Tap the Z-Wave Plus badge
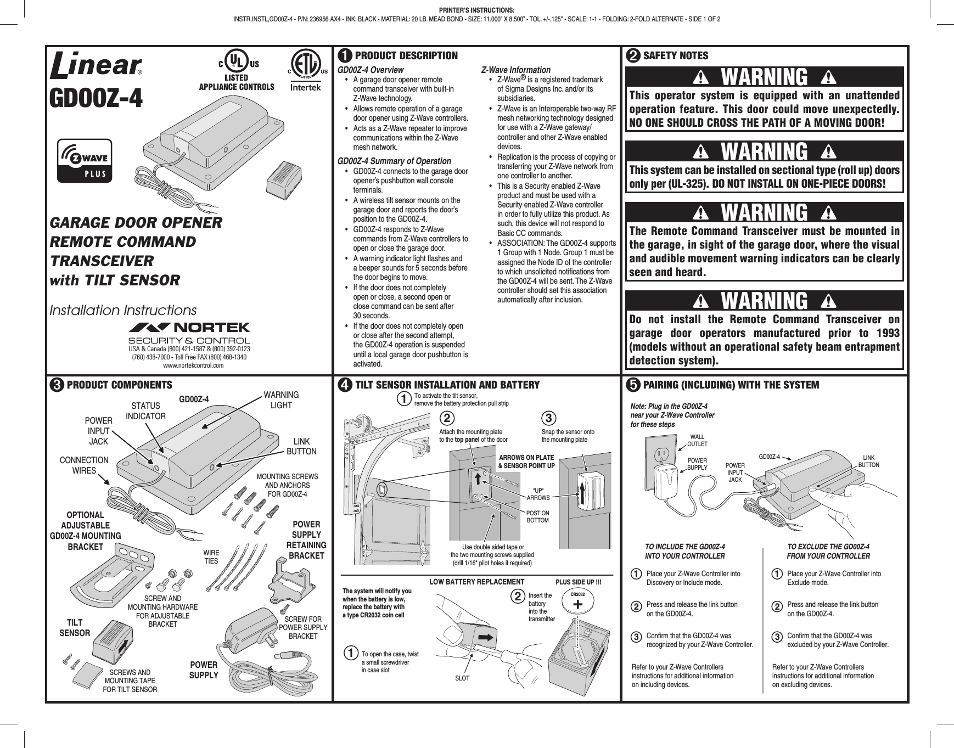[87, 160]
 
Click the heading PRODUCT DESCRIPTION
[406, 55]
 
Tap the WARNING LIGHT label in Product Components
[282, 400]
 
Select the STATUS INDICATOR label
[145, 411]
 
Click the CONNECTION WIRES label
[84, 465]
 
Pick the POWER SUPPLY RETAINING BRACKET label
[306, 540]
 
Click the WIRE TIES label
[211, 556]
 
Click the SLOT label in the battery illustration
[463, 678]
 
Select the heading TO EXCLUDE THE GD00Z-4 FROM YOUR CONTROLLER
[828, 551]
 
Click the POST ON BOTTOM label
[537, 516]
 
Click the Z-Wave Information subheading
[515, 70]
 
